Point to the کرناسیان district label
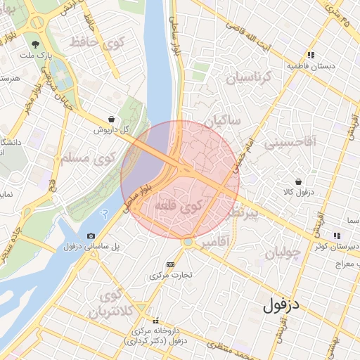pos(247,77)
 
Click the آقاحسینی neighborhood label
pos(290,143)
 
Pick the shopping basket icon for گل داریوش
pos(112,120)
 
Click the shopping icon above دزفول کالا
pos(300,181)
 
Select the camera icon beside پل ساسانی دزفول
pos(91,236)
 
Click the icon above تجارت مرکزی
pos(169,264)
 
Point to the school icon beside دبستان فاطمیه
pos(310,55)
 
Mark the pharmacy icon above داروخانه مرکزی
pos(155,320)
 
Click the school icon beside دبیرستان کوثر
pos(337,235)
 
